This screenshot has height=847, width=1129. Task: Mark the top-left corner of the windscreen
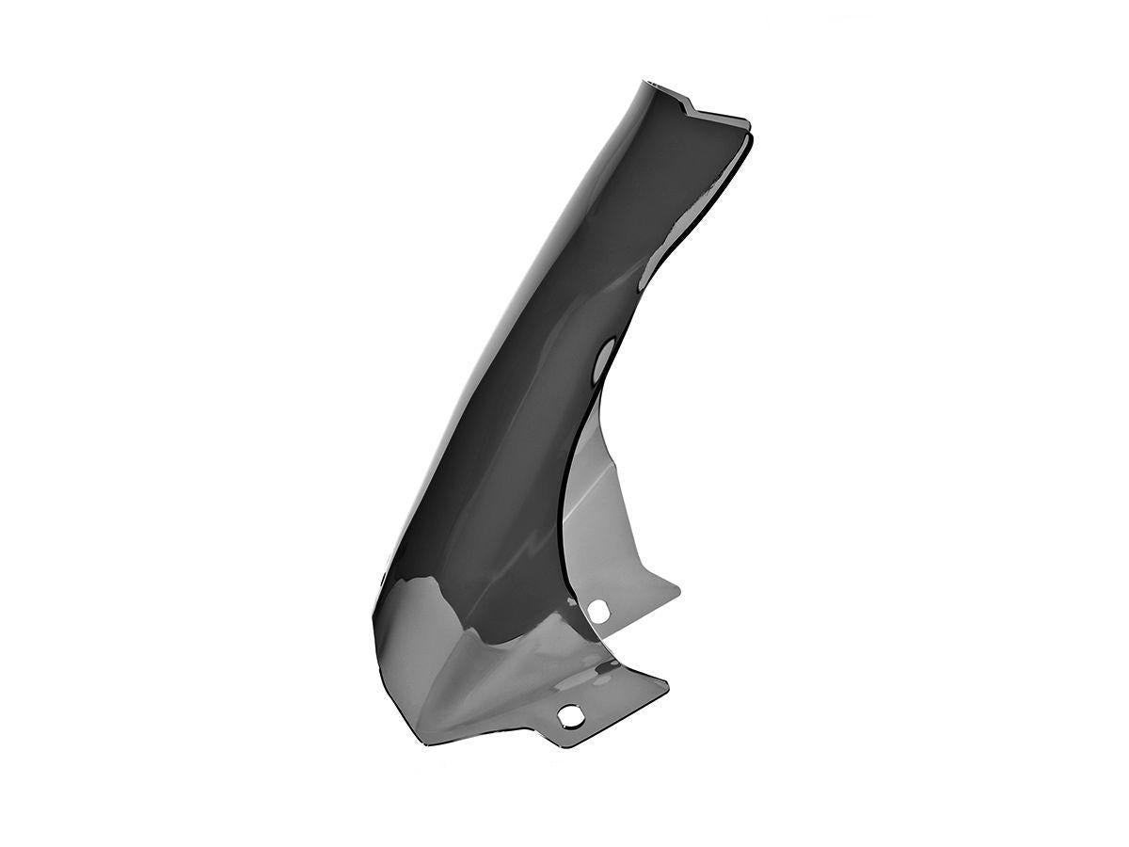[647, 82]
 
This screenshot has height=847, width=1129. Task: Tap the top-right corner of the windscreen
[749, 123]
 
